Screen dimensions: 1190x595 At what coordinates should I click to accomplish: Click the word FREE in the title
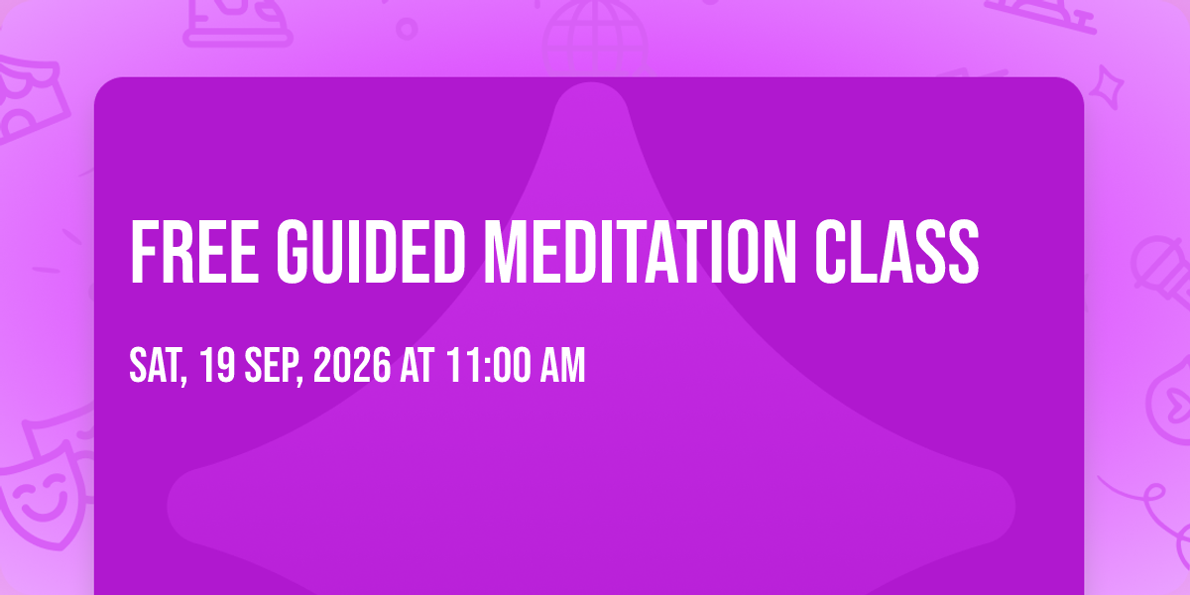[x=194, y=252]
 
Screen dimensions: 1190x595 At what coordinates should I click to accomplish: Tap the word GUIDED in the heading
[x=371, y=252]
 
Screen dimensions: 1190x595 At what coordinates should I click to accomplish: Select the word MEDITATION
[x=641, y=252]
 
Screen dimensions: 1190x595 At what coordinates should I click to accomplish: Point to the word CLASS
[x=896, y=252]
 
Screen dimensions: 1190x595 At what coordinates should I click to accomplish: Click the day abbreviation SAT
[x=159, y=366]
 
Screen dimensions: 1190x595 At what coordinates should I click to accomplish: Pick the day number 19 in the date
[x=218, y=365]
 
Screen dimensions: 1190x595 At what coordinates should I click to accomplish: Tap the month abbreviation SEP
[x=274, y=366]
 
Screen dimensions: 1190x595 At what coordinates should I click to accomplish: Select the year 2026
[x=352, y=365]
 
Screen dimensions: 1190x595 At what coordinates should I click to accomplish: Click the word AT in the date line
[x=417, y=365]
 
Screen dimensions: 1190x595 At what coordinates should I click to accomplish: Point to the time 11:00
[x=489, y=365]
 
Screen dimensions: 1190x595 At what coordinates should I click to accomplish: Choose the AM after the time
[x=562, y=365]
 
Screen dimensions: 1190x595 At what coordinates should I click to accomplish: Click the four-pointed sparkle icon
[x=1107, y=87]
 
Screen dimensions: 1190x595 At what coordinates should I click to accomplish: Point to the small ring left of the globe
[x=407, y=29]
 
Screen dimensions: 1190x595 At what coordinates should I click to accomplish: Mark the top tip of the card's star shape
[x=591, y=83]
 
